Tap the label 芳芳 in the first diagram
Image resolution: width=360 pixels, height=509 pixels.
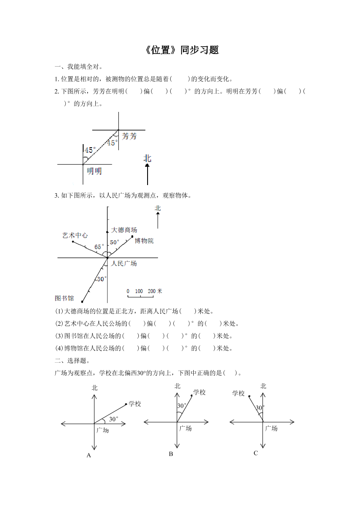129,136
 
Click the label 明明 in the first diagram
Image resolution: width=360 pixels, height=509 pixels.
94,171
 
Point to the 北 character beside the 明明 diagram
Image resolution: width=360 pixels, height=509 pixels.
148,158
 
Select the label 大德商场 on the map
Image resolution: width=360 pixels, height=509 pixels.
124,230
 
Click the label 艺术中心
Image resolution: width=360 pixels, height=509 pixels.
75,235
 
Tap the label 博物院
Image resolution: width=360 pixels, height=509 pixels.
144,241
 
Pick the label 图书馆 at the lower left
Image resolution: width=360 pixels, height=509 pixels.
64,298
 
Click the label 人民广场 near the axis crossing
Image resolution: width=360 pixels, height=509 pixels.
124,263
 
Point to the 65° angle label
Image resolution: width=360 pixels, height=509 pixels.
100,246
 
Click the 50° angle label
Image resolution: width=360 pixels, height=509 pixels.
114,242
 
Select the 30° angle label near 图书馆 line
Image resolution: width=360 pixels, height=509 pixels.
101,279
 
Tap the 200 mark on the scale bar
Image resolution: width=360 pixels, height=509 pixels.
151,291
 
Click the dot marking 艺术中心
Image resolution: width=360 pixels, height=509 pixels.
73,241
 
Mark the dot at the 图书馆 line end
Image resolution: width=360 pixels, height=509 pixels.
82,301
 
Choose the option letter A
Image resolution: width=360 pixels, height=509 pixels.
88,455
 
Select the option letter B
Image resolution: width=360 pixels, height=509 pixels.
171,454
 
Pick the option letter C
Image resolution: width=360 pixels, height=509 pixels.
256,453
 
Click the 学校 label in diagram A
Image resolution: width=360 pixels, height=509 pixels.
135,404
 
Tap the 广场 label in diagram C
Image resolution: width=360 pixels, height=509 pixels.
271,428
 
